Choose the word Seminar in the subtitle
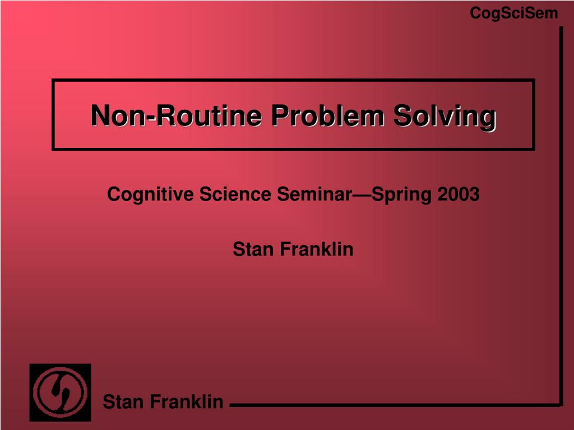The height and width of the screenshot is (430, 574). click(x=313, y=194)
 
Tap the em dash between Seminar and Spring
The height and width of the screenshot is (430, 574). click(x=362, y=195)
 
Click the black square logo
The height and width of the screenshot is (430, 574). click(x=60, y=392)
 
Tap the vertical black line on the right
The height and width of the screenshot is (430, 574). click(x=561, y=213)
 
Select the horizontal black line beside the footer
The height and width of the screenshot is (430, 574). click(x=392, y=404)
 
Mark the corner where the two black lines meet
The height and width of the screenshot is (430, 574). click(x=561, y=404)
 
